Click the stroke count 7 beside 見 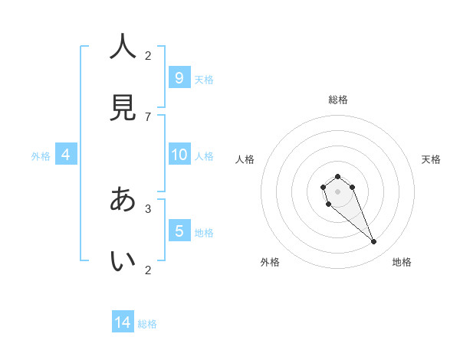tap(148, 116)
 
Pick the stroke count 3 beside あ tap(148, 208)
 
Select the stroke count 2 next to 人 tap(148, 55)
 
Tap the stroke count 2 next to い tap(148, 270)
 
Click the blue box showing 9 tap(179, 77)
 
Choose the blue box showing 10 tap(179, 155)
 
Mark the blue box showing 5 tap(179, 231)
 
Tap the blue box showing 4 tap(66, 155)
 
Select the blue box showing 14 tap(123, 322)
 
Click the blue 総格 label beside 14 tap(147, 324)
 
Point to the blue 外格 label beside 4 tap(41, 156)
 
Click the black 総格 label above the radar tap(337, 100)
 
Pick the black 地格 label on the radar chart tap(402, 262)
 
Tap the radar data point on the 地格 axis tap(374, 242)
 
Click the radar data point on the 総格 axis tap(337, 177)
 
